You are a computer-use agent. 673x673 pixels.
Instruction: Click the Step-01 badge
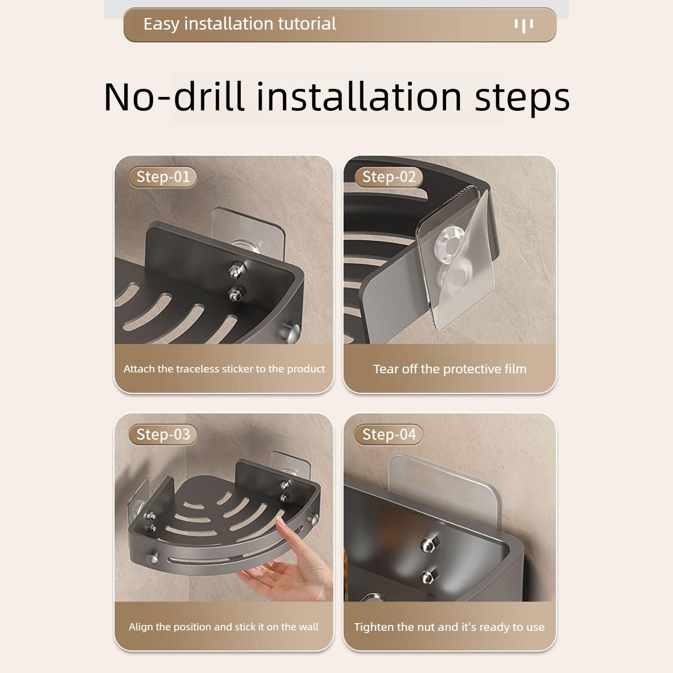point(162,177)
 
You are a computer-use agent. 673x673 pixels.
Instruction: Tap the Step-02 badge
point(389,177)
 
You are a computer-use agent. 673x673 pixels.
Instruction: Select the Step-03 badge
point(163,434)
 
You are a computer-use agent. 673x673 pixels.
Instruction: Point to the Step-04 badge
point(389,434)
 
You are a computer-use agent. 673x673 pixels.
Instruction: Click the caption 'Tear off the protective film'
point(450,369)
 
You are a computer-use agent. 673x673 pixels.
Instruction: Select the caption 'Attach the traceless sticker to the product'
point(224,369)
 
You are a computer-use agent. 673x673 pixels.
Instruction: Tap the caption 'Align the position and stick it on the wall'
point(223,627)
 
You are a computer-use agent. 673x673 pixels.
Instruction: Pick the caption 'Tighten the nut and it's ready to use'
point(449,627)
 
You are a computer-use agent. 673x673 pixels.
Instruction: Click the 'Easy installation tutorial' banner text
point(240,24)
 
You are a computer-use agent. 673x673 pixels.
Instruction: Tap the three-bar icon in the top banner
point(524,25)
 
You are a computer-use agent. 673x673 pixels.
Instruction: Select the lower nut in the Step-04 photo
point(427,575)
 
